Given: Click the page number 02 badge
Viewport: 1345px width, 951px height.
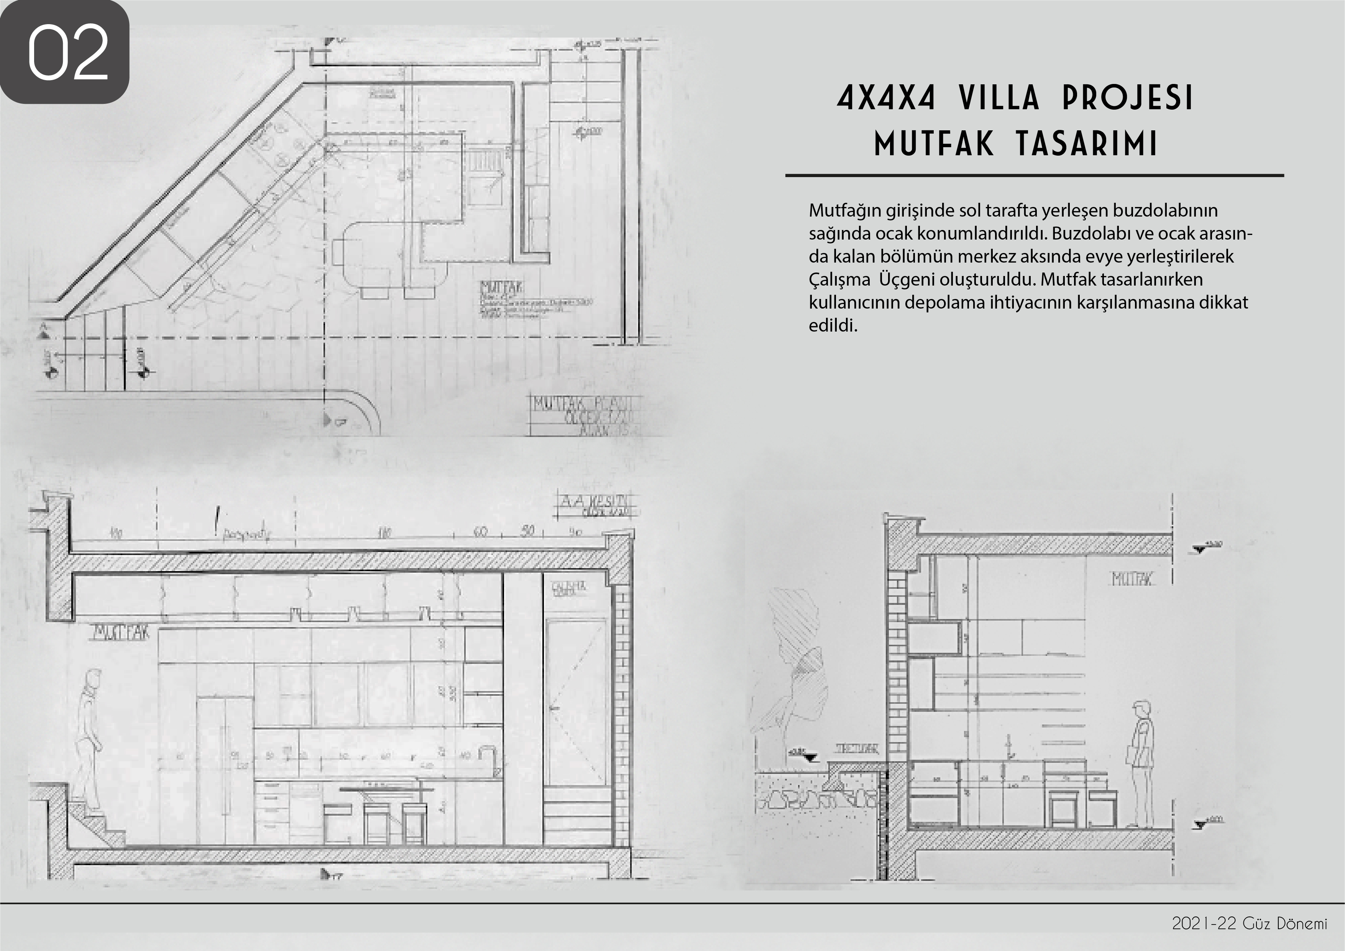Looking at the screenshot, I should pos(64,52).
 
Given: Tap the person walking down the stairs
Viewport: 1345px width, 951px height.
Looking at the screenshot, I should pos(89,741).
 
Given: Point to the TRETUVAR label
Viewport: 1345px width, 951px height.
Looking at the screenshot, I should pos(856,749).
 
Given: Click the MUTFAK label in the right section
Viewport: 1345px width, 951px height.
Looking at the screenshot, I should pos(1132,580).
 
